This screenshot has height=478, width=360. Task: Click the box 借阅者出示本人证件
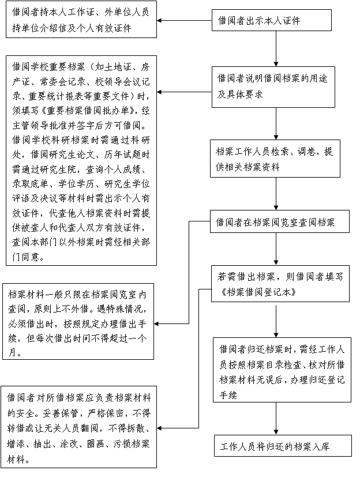coord(272,20)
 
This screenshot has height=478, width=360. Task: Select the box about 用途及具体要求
coord(273,87)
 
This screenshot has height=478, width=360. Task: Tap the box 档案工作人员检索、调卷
coord(275,159)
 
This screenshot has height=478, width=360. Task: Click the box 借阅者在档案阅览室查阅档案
coord(279,221)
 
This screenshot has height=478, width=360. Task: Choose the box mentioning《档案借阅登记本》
coord(280,284)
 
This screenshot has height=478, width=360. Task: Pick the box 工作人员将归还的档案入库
coord(283,446)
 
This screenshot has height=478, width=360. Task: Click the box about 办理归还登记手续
coord(282,370)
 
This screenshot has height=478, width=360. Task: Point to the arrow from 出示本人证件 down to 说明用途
coord(276,49)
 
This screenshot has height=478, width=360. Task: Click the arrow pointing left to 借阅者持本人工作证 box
coord(184,21)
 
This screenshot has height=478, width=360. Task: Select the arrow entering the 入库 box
coord(276,419)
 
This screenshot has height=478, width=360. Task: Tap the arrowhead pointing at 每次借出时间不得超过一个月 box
coord(156,323)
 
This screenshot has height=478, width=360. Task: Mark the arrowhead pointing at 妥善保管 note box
coord(159,428)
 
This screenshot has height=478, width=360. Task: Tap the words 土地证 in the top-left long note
coord(118,67)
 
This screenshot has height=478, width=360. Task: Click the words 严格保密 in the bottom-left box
coord(105,413)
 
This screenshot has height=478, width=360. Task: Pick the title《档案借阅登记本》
coord(258,292)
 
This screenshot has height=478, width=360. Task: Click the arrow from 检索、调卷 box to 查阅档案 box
coord(276,194)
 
